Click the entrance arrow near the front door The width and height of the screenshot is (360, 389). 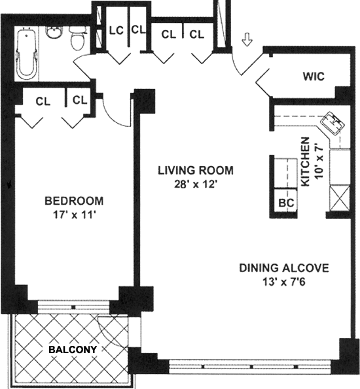tap(247, 40)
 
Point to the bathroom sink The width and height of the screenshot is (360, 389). tap(54, 32)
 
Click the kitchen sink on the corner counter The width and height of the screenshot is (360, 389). tap(333, 123)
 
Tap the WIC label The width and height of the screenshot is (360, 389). tap(314, 76)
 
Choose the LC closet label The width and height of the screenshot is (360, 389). tap(117, 31)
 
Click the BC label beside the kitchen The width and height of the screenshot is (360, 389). tap(286, 203)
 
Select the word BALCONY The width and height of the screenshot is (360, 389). tap(73, 350)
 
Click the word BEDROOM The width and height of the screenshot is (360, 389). tap(74, 201)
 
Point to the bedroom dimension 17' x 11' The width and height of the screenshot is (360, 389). tap(75, 215)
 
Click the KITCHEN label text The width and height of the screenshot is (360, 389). tap(305, 161)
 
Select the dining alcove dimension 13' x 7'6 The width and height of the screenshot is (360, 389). tap(284, 282)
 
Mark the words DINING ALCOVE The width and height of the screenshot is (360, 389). tap(284, 268)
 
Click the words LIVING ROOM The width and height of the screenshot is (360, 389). tap(196, 171)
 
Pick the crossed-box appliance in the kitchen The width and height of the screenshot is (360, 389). tap(340, 198)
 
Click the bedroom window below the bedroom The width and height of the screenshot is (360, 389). tap(73, 307)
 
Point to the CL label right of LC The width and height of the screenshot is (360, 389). tap(138, 29)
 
